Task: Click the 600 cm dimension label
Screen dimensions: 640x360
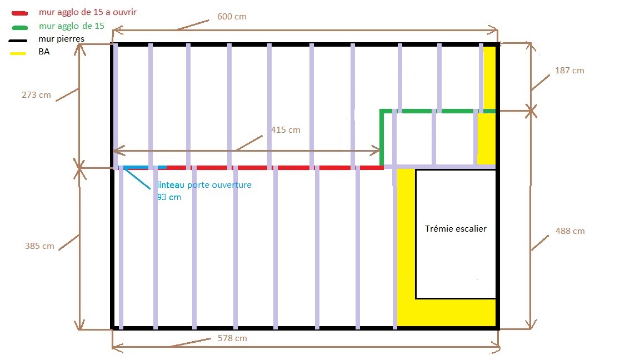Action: click(232, 17)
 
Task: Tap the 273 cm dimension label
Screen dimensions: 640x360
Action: click(37, 95)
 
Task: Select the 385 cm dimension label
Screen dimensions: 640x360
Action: click(40, 246)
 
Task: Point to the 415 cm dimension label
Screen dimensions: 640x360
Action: click(286, 130)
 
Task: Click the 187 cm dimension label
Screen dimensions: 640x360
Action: click(569, 71)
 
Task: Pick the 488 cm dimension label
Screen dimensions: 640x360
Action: click(570, 231)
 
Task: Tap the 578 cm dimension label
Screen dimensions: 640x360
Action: click(232, 338)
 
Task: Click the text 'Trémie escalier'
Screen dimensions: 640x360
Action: click(456, 228)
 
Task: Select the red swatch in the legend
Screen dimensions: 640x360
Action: click(19, 13)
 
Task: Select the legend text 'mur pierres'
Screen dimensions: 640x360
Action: click(62, 39)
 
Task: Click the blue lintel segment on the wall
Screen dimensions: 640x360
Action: click(145, 167)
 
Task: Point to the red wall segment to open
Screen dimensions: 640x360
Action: click(275, 167)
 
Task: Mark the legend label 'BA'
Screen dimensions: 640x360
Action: click(44, 52)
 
